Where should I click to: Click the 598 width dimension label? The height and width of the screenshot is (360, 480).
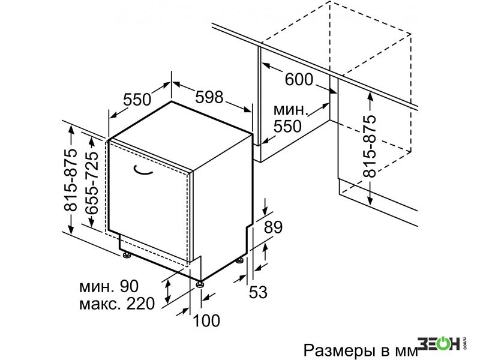(x=209, y=97)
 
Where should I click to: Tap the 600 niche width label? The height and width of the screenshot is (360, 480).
(x=299, y=79)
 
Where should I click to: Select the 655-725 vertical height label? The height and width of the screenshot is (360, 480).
(x=92, y=183)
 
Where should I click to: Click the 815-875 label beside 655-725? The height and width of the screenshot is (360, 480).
(x=70, y=180)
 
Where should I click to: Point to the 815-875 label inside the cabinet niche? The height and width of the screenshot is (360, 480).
(x=369, y=146)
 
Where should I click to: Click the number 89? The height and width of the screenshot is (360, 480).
(x=273, y=227)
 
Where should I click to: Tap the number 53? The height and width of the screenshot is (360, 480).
(x=258, y=292)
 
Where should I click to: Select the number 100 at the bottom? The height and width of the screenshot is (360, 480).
(x=206, y=320)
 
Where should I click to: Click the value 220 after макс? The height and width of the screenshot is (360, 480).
(x=140, y=304)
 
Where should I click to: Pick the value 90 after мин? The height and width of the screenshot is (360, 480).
(x=129, y=286)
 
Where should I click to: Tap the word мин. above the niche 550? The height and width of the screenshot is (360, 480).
(x=290, y=110)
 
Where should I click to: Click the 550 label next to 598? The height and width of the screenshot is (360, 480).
(x=137, y=99)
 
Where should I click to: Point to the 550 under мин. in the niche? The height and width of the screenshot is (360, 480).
(x=287, y=126)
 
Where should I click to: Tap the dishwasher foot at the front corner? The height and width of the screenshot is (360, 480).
(x=200, y=284)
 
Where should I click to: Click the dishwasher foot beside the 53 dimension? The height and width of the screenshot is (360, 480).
(x=239, y=260)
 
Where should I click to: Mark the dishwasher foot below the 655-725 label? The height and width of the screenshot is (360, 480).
(x=126, y=254)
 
